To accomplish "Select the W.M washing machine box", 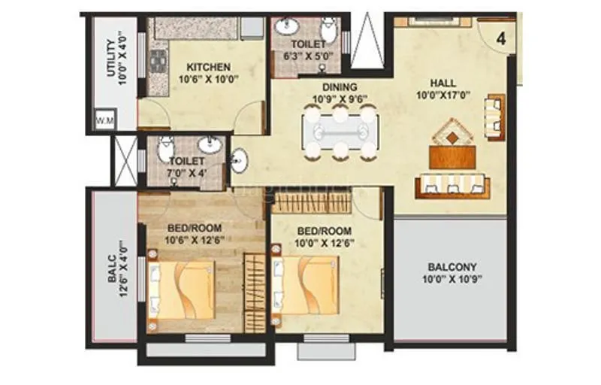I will (101, 120).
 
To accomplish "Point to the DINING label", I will (340, 87).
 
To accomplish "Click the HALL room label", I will (442, 82).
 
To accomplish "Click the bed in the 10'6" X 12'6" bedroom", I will (183, 290).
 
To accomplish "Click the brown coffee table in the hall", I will (452, 156).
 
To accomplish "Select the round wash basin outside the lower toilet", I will (239, 160).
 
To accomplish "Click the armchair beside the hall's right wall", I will (494, 118).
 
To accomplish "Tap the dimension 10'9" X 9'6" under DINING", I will (340, 99).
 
